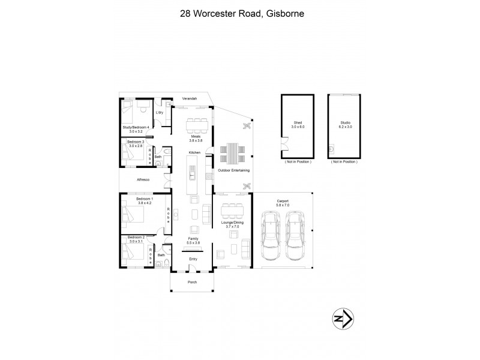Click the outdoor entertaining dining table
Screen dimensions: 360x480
[231, 153]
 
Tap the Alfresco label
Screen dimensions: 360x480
[142, 179]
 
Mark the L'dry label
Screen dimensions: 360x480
[160, 113]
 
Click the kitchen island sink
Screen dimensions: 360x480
[193, 175]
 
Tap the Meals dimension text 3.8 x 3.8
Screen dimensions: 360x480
[194, 140]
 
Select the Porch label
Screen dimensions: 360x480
[193, 282]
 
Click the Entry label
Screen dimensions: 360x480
[193, 259]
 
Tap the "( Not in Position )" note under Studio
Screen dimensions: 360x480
[344, 162]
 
